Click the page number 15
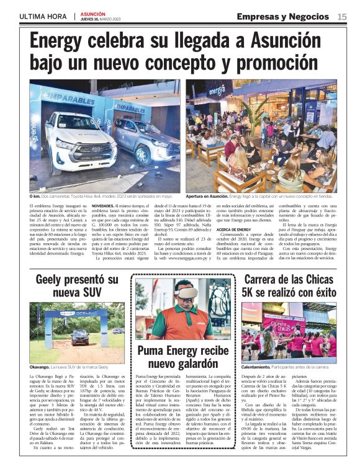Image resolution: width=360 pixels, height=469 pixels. (x=342, y=17)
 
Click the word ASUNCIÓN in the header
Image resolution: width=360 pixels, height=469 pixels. (x=92, y=12)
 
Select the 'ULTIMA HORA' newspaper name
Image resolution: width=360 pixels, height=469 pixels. (x=43, y=17)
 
